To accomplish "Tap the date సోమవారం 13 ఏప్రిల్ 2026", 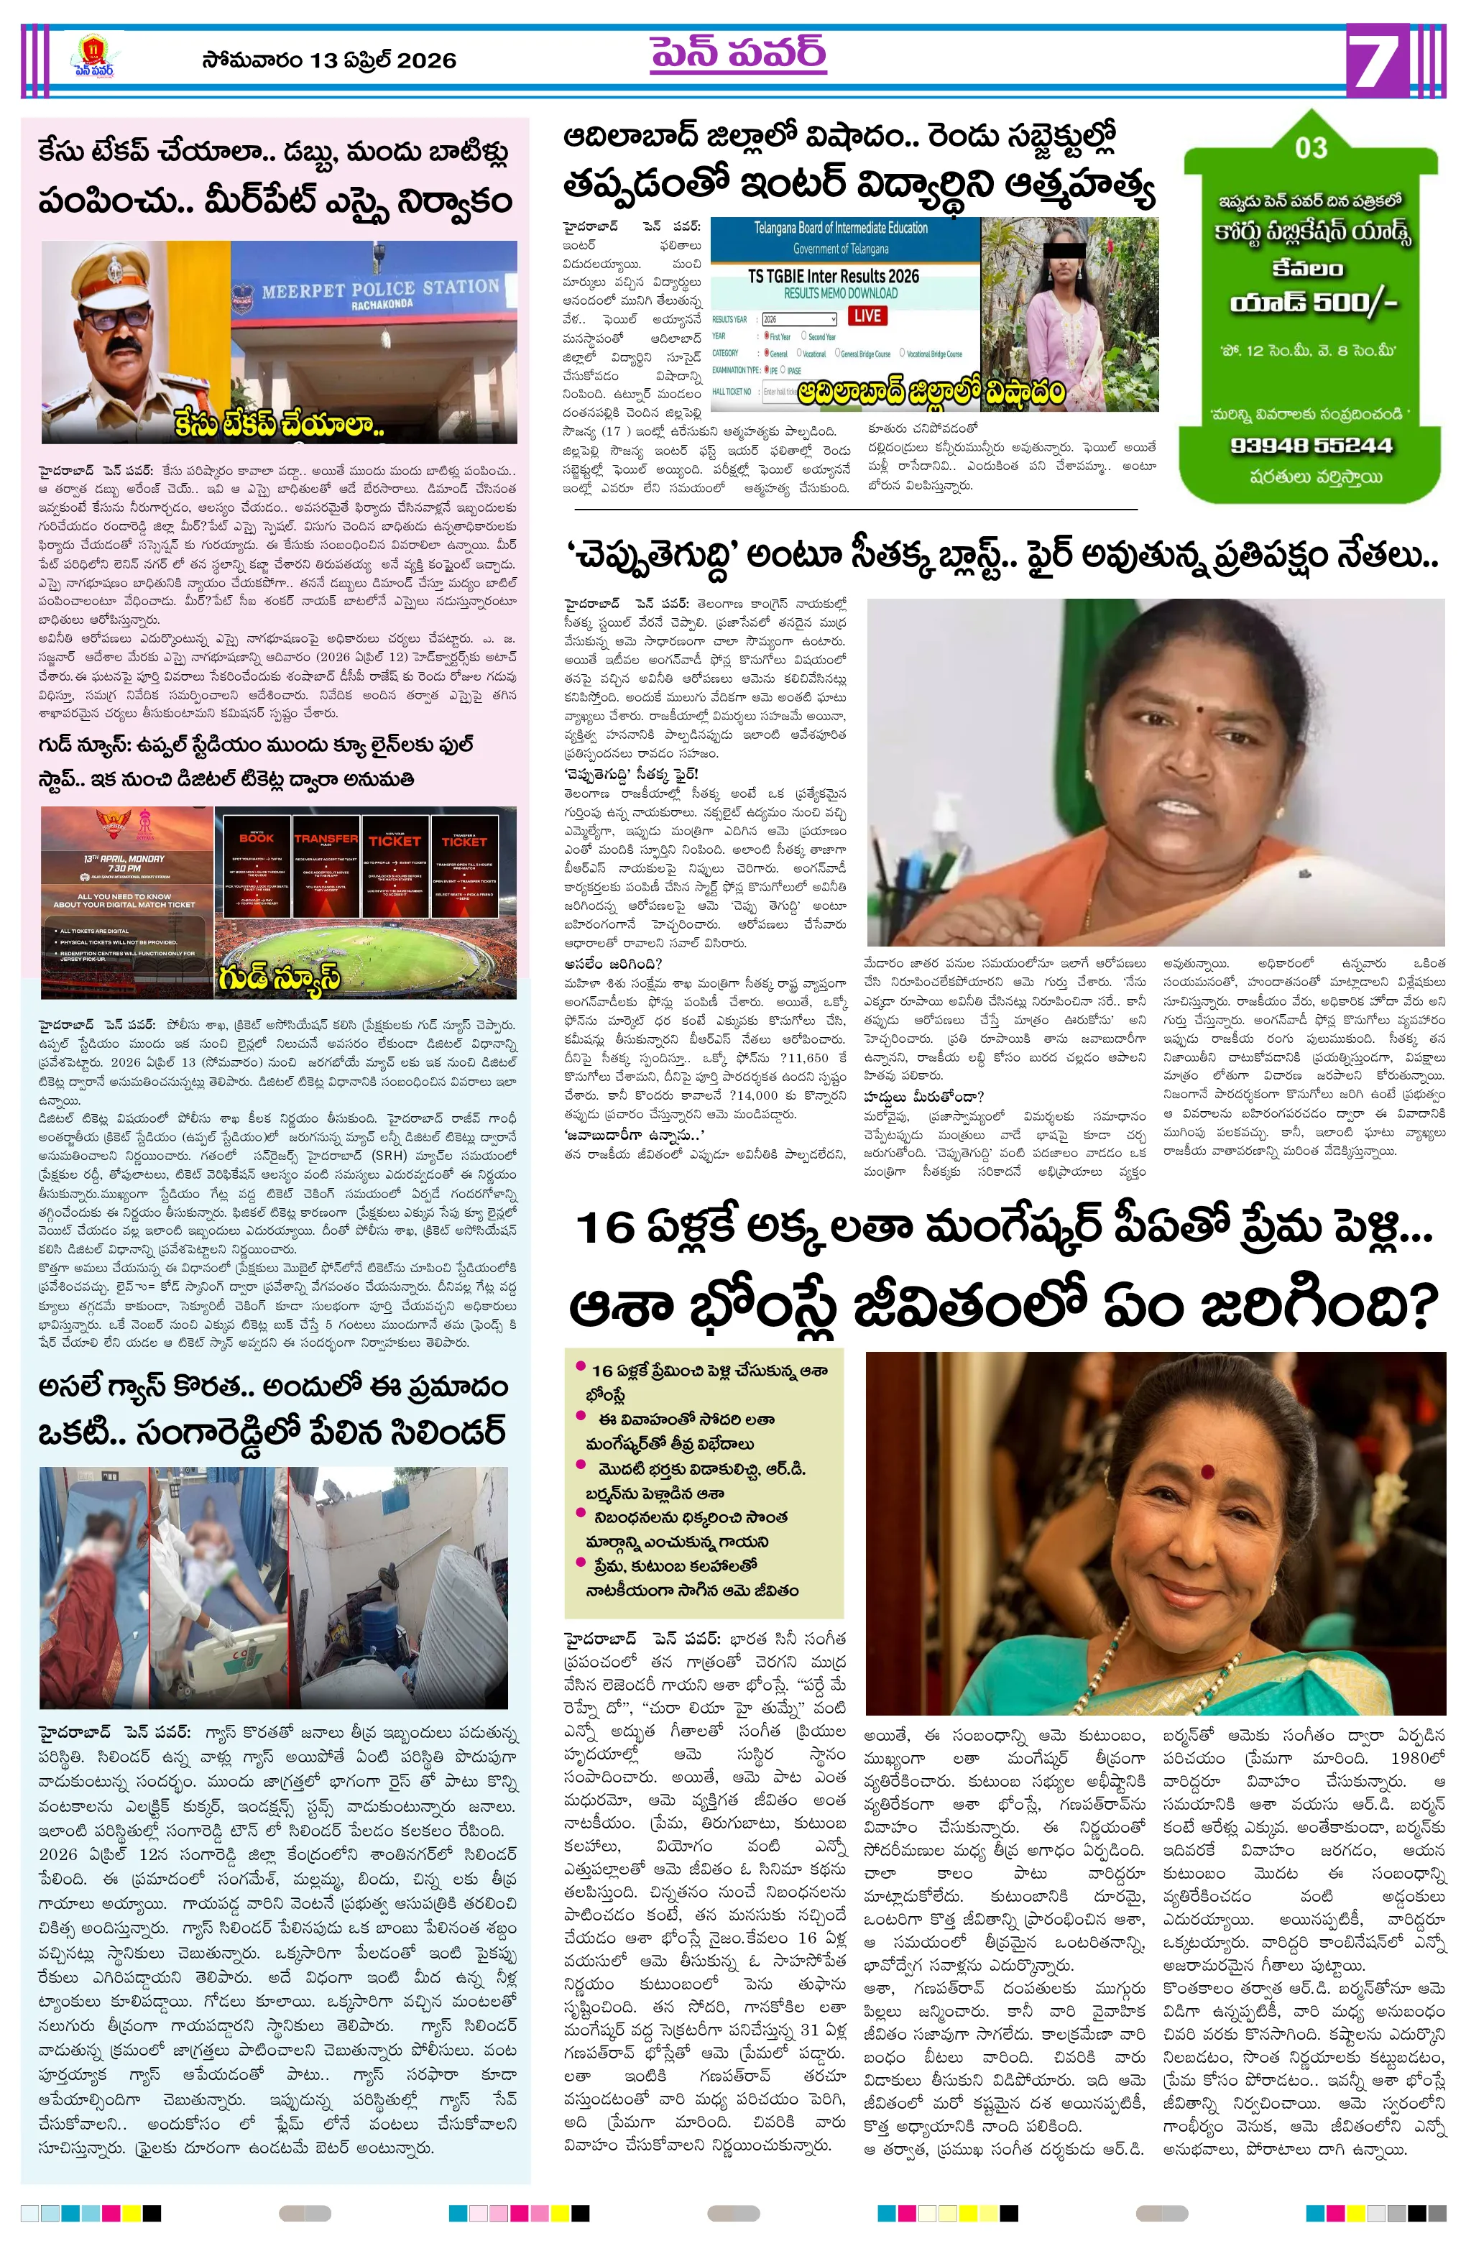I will (x=328, y=60).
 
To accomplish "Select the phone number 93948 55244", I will (x=1311, y=446).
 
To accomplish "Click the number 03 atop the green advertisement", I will (x=1310, y=149).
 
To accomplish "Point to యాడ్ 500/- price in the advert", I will (x=1312, y=303).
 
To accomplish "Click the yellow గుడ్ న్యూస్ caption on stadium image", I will (x=279, y=977).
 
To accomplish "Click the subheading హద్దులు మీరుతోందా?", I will (x=923, y=1095).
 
